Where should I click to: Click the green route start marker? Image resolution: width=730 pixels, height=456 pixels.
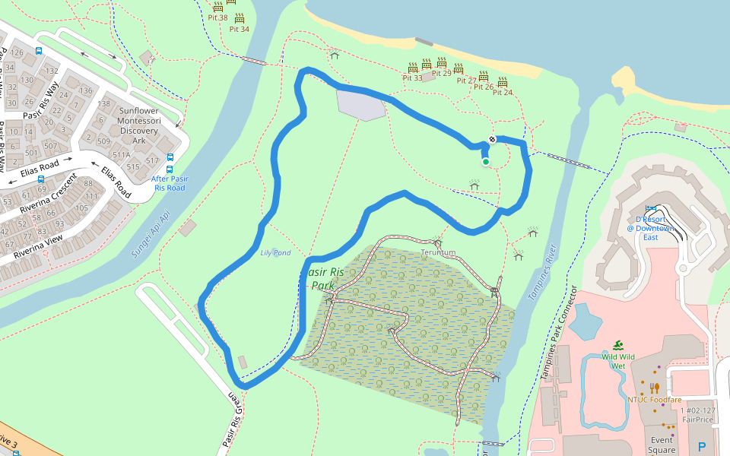(485, 161)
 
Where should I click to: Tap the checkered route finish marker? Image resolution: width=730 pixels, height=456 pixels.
(492, 139)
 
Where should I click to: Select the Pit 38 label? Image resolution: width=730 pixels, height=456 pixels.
(217, 17)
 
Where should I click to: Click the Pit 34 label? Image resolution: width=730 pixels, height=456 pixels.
(240, 29)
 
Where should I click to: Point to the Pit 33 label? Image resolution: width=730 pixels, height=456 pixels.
(413, 78)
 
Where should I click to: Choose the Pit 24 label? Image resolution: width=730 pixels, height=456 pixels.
(503, 92)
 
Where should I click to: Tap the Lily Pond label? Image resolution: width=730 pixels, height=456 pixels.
(275, 252)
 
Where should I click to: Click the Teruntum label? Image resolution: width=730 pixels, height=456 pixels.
(438, 252)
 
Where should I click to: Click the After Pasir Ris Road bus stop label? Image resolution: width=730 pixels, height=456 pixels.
(170, 183)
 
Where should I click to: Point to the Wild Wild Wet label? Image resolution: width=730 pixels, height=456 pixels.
(618, 360)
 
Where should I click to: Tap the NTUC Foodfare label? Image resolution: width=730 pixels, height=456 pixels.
(654, 400)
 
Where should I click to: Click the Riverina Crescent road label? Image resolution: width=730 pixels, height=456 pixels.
(49, 193)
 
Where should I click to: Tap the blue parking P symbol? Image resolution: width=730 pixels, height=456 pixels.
(702, 447)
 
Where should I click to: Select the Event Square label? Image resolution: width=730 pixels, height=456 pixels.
(661, 445)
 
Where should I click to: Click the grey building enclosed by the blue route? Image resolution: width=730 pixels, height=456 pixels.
(360, 104)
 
